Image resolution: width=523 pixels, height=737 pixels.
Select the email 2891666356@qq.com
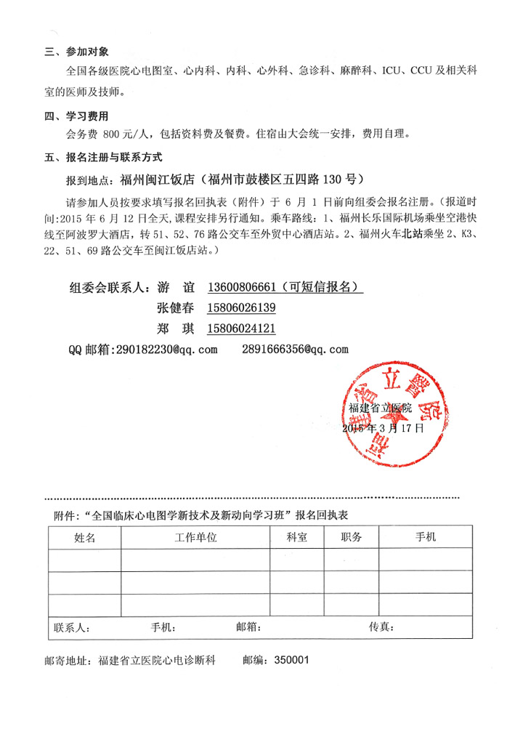click(x=294, y=350)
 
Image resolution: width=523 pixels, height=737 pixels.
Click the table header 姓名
click(x=84, y=538)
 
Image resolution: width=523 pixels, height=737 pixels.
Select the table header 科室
click(x=296, y=538)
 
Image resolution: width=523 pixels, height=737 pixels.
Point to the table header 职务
click(x=352, y=538)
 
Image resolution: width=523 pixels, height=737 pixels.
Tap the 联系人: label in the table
click(x=71, y=627)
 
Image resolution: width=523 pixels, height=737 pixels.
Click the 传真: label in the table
click(x=381, y=627)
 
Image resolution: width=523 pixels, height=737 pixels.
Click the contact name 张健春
click(x=174, y=307)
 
